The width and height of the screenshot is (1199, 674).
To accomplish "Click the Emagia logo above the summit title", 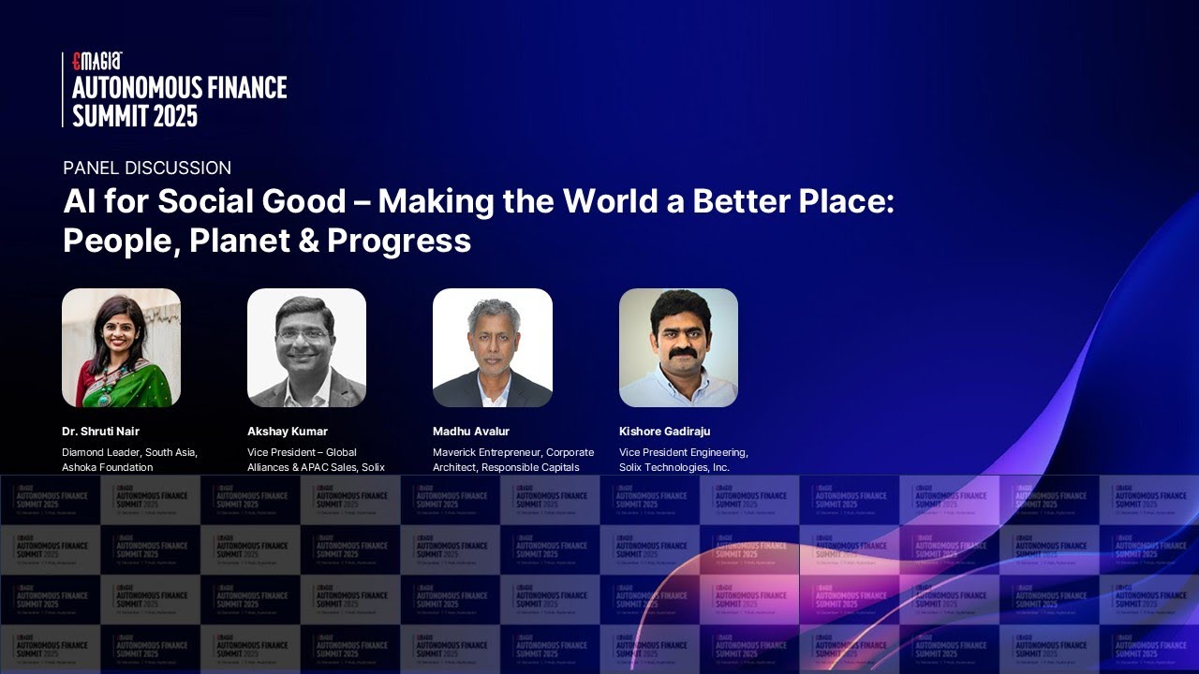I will click(97, 62).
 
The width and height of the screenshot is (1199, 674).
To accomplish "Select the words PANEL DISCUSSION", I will click(147, 168).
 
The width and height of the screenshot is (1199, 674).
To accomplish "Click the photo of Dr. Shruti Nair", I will click(121, 347).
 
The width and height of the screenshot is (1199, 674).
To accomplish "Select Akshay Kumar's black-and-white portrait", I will click(306, 347).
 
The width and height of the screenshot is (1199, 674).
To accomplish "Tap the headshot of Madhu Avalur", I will click(492, 347).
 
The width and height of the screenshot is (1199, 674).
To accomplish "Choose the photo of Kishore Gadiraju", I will click(678, 347).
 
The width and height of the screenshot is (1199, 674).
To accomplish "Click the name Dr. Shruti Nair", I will click(100, 432).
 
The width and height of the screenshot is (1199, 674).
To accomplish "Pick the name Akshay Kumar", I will click(288, 432).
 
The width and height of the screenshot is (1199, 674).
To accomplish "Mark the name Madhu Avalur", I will click(471, 432).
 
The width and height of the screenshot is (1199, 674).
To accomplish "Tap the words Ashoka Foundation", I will click(108, 467).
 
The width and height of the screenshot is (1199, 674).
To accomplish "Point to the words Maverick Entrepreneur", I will click(487, 452).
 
